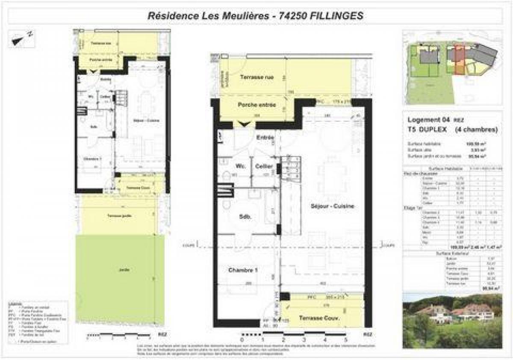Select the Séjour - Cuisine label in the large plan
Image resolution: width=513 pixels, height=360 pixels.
point(333,206)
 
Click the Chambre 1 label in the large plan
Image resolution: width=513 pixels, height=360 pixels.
point(245,271)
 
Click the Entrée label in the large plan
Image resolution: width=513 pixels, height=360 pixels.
point(265,138)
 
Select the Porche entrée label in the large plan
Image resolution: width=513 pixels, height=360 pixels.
point(256,105)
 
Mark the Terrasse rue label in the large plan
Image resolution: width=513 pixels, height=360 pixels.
point(256,77)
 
